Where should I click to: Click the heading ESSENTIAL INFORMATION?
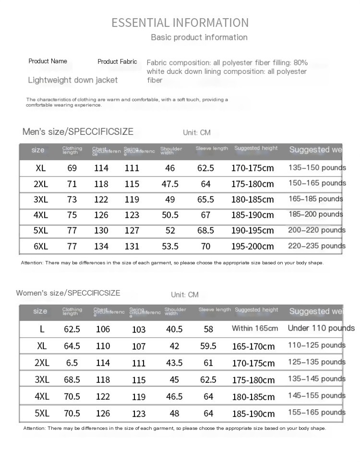point(180,23)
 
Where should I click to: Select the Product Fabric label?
point(117,61)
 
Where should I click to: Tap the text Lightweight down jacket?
point(72,80)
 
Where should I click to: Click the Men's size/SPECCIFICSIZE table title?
point(78,132)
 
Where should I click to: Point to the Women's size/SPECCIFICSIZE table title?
point(68,293)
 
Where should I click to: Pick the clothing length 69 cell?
point(72,168)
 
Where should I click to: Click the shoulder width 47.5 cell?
point(170,184)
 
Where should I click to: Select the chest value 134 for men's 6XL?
point(101,247)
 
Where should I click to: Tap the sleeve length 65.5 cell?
point(205,200)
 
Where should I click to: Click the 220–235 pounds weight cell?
point(317,246)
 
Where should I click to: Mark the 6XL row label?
point(41,247)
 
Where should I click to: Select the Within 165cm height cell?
point(255,329)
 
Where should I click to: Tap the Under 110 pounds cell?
point(321,329)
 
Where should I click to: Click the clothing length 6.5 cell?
point(72,363)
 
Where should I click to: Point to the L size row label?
point(42,329)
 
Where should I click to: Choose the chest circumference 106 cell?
point(103,329)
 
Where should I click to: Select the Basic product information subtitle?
point(199,37)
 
